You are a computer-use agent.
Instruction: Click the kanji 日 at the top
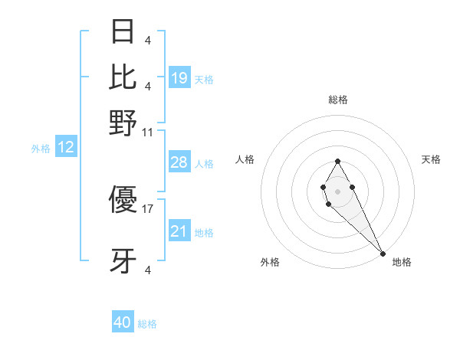point(123,31)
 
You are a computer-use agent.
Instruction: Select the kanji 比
point(123,77)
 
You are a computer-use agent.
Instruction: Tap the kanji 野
point(123,123)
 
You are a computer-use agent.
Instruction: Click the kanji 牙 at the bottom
point(123,261)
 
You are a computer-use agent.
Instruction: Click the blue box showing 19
point(179,78)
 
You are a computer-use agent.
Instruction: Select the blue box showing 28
point(179,162)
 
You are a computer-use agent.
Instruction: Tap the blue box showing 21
point(179,231)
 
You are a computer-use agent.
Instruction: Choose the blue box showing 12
point(66,148)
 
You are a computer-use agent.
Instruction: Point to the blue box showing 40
point(123,322)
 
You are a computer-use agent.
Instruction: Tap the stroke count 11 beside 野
point(148,133)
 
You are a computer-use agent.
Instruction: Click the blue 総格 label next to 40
point(147,324)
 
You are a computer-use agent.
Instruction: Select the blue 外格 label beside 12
point(41,149)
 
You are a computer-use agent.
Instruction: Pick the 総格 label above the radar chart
point(337,100)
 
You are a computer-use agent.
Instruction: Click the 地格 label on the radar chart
point(402,262)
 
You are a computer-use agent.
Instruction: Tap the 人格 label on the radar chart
point(245,159)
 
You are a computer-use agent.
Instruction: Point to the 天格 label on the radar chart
point(431,159)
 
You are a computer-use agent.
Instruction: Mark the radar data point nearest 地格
point(383,254)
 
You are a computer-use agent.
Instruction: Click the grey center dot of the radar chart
point(337,191)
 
